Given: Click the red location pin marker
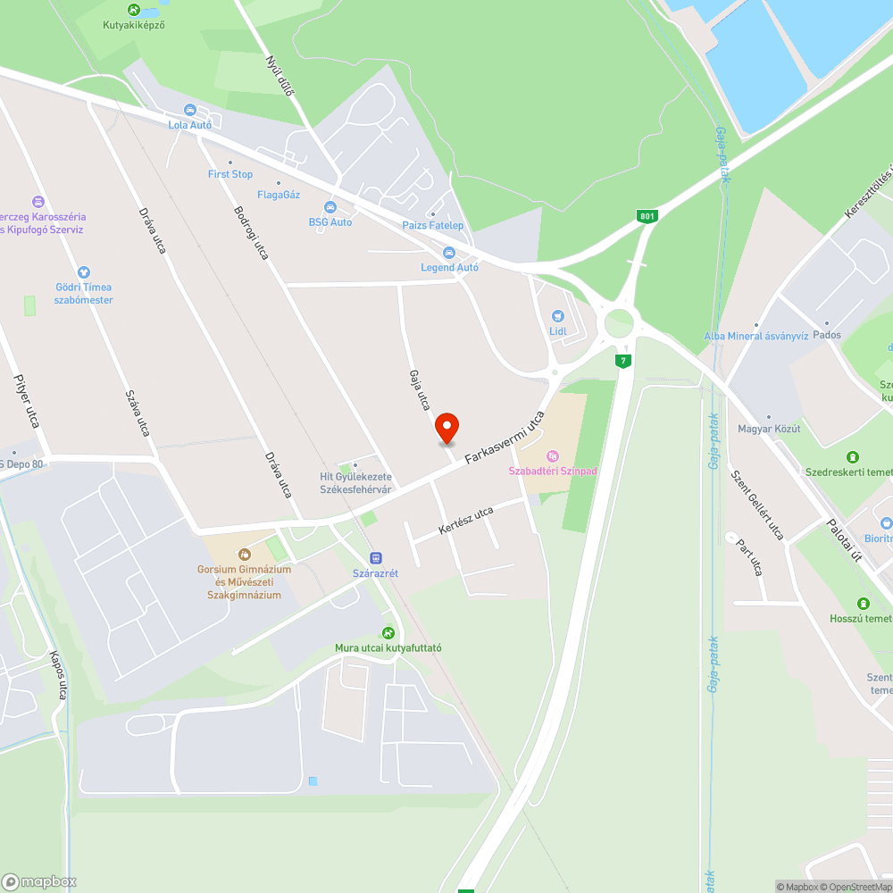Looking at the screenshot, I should tap(446, 428).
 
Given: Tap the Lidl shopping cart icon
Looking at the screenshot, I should tap(558, 315).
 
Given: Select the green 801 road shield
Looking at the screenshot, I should tap(647, 216).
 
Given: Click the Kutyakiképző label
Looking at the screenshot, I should tap(134, 25).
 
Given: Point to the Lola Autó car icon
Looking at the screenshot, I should tap(190, 110).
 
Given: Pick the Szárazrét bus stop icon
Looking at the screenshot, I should tap(375, 557).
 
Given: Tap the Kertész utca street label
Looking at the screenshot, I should tap(466, 522).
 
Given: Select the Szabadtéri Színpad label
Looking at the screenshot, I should tap(553, 471).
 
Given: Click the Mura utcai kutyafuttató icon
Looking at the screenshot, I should tap(388, 632).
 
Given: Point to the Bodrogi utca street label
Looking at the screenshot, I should tap(251, 233).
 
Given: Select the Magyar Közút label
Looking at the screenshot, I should tap(769, 429).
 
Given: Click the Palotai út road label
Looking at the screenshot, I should tap(843, 539).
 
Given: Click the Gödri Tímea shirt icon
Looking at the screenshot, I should tap(84, 271).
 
